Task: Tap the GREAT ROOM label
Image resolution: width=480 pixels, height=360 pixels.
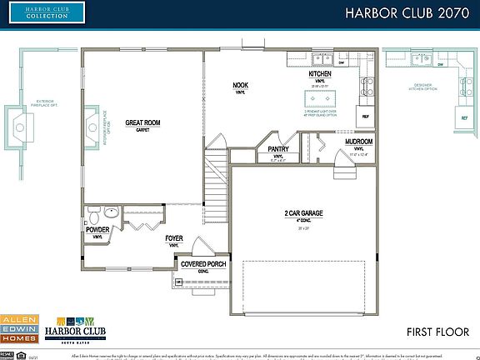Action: (142, 122)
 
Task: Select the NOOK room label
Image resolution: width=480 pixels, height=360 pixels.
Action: (240, 85)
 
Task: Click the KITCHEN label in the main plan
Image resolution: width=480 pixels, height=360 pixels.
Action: (320, 74)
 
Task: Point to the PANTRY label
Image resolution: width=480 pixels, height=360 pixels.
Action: (278, 149)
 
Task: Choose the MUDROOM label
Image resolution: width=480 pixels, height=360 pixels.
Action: (359, 142)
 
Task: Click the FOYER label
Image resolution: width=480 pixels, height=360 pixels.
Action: (174, 238)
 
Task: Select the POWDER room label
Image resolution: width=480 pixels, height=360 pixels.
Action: (97, 229)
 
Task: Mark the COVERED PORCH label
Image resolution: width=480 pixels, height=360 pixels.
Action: (203, 264)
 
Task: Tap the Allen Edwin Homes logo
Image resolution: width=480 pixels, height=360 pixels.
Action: (18, 328)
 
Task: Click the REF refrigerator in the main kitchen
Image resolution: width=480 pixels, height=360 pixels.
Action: (364, 117)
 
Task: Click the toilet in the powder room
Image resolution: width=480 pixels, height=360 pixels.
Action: (90, 212)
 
